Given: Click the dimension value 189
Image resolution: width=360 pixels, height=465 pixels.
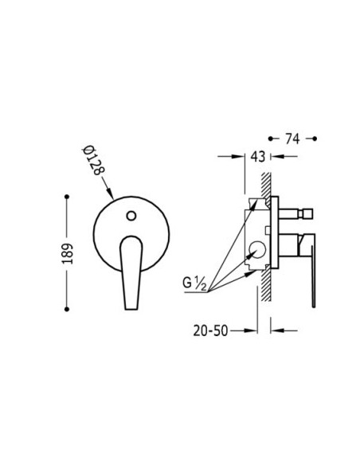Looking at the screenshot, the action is [68, 253].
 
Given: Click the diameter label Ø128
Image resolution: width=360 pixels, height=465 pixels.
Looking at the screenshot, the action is [93, 160].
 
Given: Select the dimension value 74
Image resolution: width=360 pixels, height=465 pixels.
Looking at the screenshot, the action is [292, 139].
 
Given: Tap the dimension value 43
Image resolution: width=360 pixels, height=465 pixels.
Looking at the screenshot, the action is [258, 156].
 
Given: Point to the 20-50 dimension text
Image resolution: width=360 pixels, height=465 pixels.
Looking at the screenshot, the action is [210, 330].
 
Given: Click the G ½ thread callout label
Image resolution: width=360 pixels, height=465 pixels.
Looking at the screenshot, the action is [194, 283].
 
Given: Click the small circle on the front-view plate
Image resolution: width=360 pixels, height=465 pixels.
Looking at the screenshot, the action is [131, 216].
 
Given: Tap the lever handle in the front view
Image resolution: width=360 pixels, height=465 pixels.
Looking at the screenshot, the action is [131, 272].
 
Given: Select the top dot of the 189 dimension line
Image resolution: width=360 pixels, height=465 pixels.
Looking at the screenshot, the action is [67, 197].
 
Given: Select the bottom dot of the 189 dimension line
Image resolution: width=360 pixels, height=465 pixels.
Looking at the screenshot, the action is [67, 309].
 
